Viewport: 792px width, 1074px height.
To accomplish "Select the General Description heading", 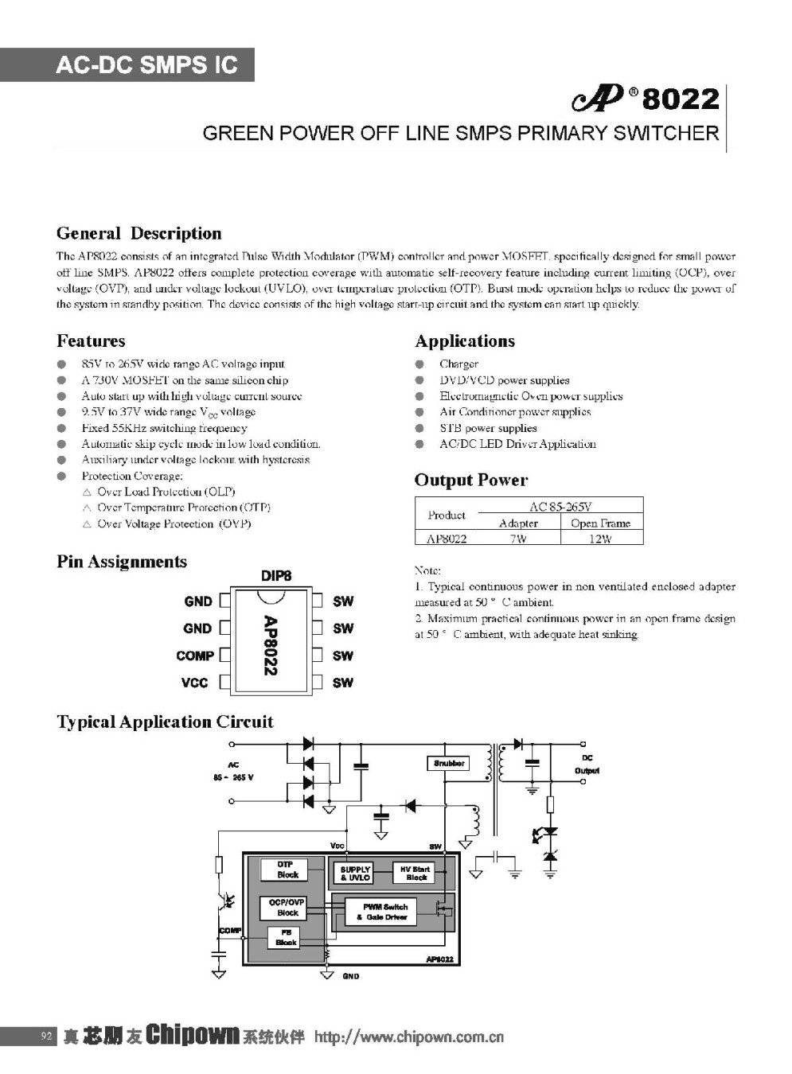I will pyautogui.click(x=139, y=233).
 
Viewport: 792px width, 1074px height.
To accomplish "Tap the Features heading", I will pyautogui.click(x=91, y=340).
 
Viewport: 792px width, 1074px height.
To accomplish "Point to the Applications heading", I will pyautogui.click(x=465, y=340).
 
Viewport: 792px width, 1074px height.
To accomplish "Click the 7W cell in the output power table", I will pyautogui.click(x=517, y=539).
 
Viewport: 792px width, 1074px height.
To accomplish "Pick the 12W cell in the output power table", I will pyautogui.click(x=601, y=539).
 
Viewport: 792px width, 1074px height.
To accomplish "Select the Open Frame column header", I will pyautogui.click(x=601, y=523).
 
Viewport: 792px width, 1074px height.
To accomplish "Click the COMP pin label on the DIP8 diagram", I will pyautogui.click(x=195, y=656).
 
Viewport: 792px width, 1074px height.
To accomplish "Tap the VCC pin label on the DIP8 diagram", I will pyautogui.click(x=195, y=683).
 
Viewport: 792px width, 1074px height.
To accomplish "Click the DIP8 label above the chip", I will pyautogui.click(x=275, y=575).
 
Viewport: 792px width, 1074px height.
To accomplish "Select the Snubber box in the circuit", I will pyautogui.click(x=449, y=763).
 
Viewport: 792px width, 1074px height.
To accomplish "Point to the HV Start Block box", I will pyautogui.click(x=416, y=874).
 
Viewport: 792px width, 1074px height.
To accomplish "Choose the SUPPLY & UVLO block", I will pyautogui.click(x=356, y=874).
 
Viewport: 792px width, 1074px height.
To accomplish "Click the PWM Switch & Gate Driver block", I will pyautogui.click(x=384, y=912).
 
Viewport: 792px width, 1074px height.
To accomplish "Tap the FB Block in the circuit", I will pyautogui.click(x=286, y=938).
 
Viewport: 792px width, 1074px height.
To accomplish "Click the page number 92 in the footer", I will pyautogui.click(x=45, y=1036).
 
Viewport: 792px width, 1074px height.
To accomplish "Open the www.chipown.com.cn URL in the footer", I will pyautogui.click(x=410, y=1037).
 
